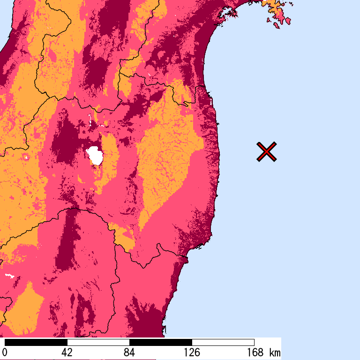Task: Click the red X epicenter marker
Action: (x=266, y=152)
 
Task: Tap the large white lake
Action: (x=95, y=155)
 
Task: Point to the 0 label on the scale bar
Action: (x=5, y=352)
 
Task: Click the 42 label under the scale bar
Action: (x=67, y=352)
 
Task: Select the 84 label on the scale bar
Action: (x=129, y=352)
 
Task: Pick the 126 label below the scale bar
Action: (x=192, y=352)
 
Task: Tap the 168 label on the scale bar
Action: (x=254, y=352)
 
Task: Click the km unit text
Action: (x=275, y=352)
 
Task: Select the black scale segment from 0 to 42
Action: (x=36, y=342)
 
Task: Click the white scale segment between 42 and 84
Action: (x=98, y=342)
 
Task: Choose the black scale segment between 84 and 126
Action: (x=160, y=342)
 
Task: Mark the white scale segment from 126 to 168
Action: (x=223, y=342)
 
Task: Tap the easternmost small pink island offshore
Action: (x=287, y=21)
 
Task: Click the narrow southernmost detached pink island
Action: (x=276, y=25)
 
